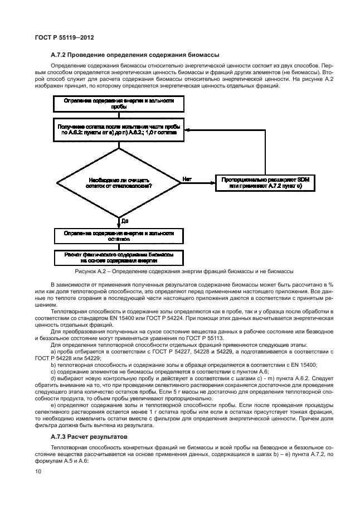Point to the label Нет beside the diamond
pos(187,179)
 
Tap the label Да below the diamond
pos(125,221)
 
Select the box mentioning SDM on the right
pos(261,182)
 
